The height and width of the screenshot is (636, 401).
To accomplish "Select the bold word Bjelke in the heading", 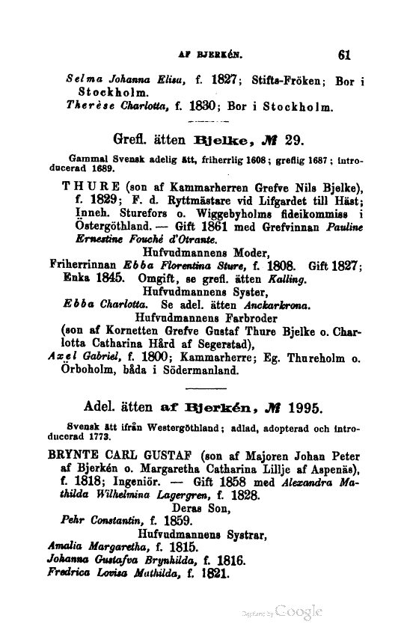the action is pyautogui.click(x=218, y=138).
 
